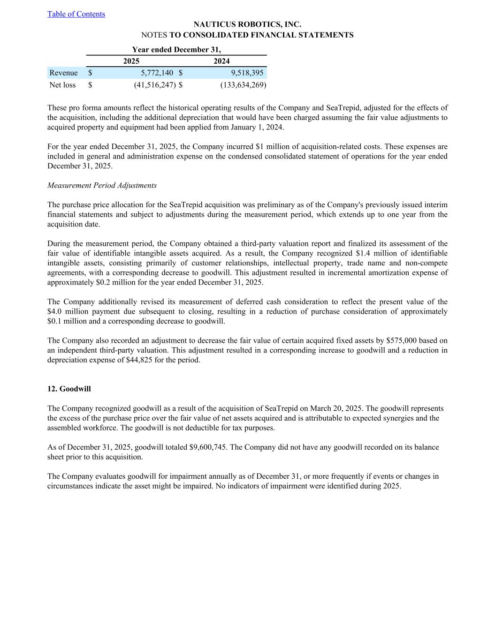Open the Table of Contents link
(x=76, y=14)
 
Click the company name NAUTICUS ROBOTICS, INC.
(x=247, y=24)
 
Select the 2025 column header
(x=131, y=61)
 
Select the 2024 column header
(x=221, y=61)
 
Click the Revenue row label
(x=63, y=73)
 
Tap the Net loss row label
(x=62, y=85)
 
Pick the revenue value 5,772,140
(x=157, y=73)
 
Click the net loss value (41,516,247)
(x=154, y=85)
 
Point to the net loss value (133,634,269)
(x=243, y=85)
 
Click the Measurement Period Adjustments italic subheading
(x=102, y=185)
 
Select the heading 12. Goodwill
(x=69, y=389)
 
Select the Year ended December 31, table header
(x=176, y=49)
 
